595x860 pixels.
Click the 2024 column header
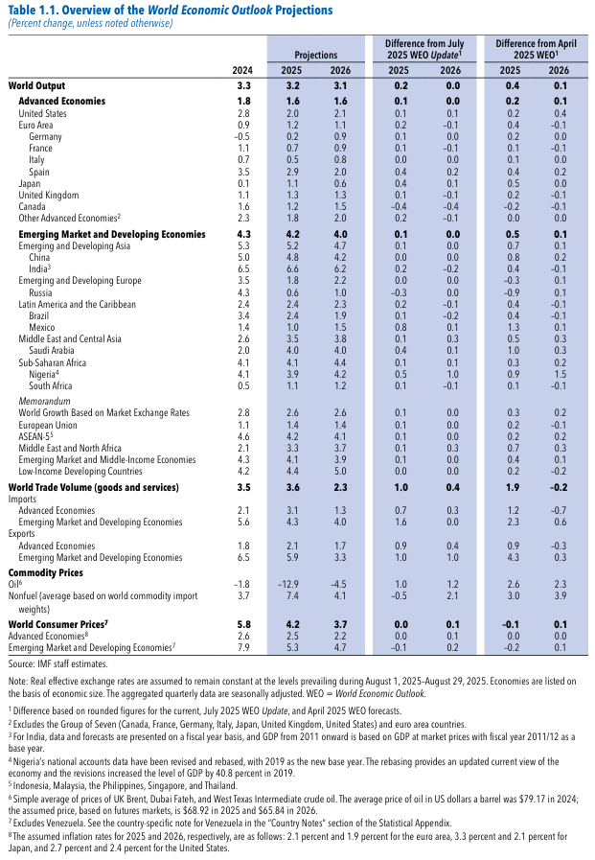(242, 71)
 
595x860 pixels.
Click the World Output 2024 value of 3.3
(242, 86)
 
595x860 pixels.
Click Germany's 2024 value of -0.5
(241, 137)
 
